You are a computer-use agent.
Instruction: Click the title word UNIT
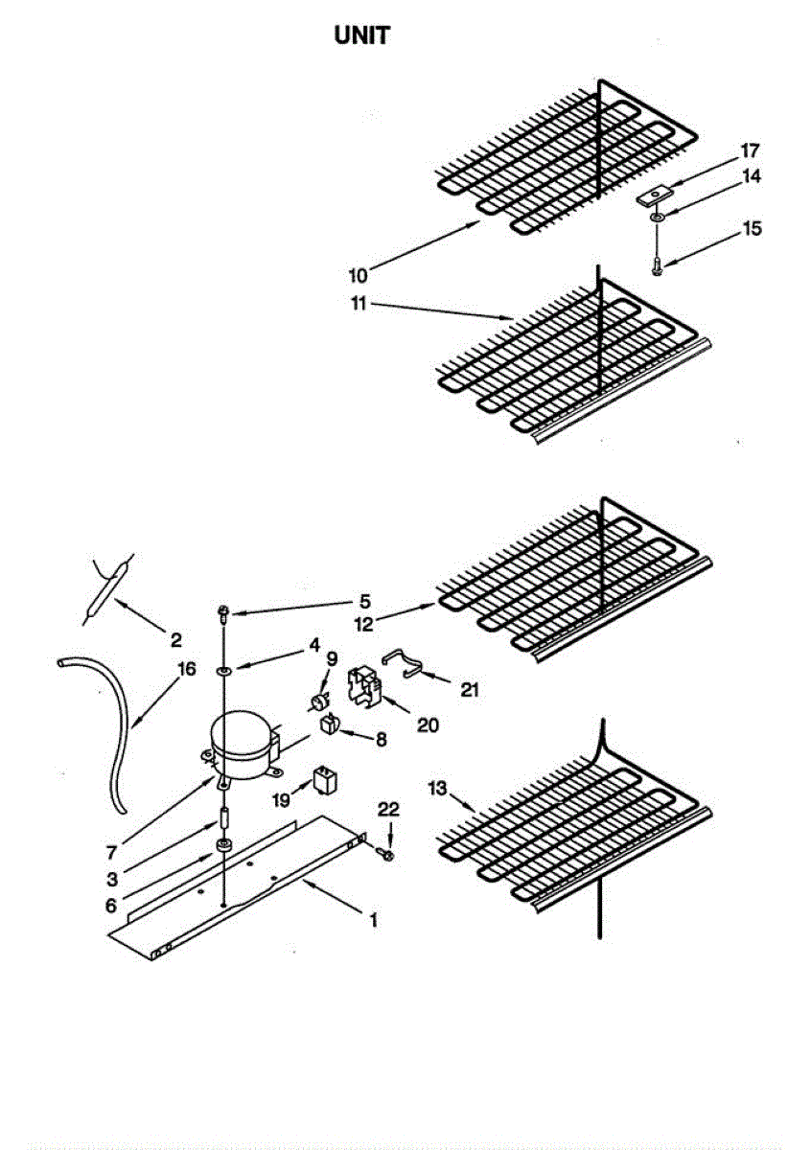pos(361,36)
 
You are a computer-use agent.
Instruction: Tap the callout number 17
pos(749,150)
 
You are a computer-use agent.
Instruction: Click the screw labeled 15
pos(656,265)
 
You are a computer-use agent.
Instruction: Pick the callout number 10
pos(357,276)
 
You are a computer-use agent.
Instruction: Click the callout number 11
pos(357,305)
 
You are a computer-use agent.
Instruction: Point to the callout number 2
pos(175,639)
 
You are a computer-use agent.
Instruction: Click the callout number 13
pos(438,788)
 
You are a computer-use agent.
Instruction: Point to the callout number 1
pos(374,921)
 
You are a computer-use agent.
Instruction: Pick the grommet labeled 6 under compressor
pos(224,846)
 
